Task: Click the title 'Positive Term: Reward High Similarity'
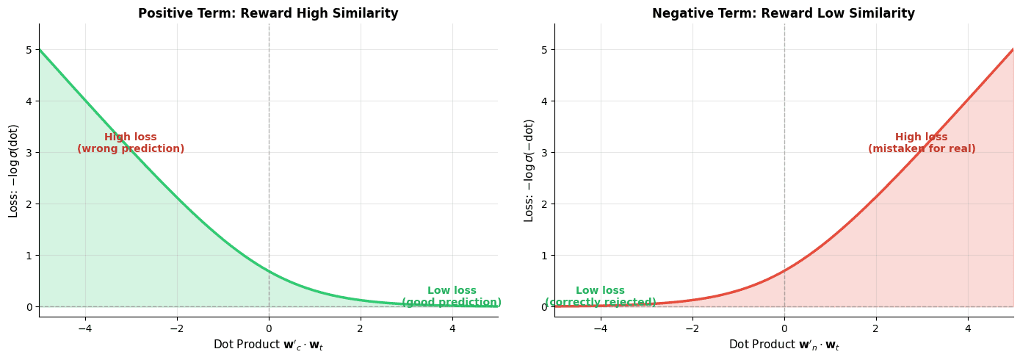tap(268, 13)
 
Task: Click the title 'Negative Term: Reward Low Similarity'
tap(784, 13)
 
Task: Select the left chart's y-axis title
tap(14, 170)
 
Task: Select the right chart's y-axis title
tap(529, 170)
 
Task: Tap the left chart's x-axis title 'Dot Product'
tap(268, 345)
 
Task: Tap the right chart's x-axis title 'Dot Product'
tap(784, 345)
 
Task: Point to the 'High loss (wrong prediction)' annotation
tap(131, 143)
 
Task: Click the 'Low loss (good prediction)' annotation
tap(452, 296)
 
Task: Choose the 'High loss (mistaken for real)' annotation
tap(922, 143)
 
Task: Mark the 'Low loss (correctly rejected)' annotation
tap(600, 296)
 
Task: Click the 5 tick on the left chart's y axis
tap(29, 50)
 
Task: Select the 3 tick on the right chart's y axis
tap(545, 153)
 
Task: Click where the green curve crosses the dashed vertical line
tap(269, 271)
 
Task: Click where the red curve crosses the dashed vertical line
tap(784, 271)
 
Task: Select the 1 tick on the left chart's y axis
tap(29, 256)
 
